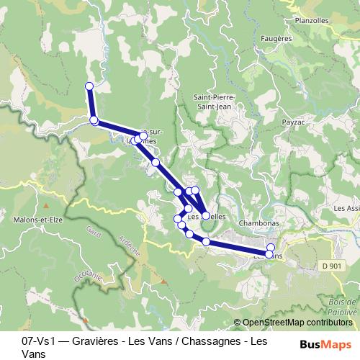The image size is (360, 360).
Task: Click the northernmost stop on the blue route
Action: [89, 86]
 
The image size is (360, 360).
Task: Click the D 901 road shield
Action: [332, 266]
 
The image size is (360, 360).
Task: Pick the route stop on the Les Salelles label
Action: [206, 215]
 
